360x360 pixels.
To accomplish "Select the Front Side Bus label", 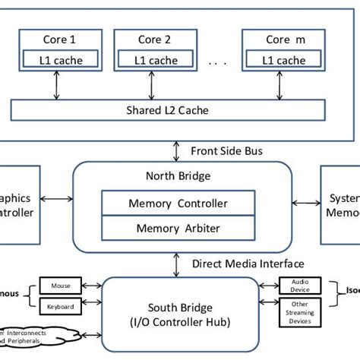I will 226,150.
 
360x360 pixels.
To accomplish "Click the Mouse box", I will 60,286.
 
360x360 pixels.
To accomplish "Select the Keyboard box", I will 60,307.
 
